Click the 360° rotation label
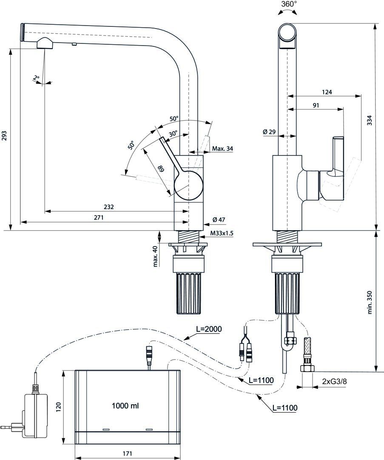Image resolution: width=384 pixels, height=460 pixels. [x=289, y=4]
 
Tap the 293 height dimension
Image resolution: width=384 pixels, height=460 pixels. [x=5, y=136]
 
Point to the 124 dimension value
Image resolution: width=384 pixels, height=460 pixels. [x=327, y=92]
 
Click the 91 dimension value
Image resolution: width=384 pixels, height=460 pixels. [x=316, y=105]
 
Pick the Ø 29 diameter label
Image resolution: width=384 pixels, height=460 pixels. [x=269, y=132]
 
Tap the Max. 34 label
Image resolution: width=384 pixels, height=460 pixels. [x=222, y=149]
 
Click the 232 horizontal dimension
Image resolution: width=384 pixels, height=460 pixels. [x=109, y=207]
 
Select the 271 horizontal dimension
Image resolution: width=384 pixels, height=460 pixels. [x=99, y=218]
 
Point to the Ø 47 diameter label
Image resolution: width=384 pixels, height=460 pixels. [x=219, y=219]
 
